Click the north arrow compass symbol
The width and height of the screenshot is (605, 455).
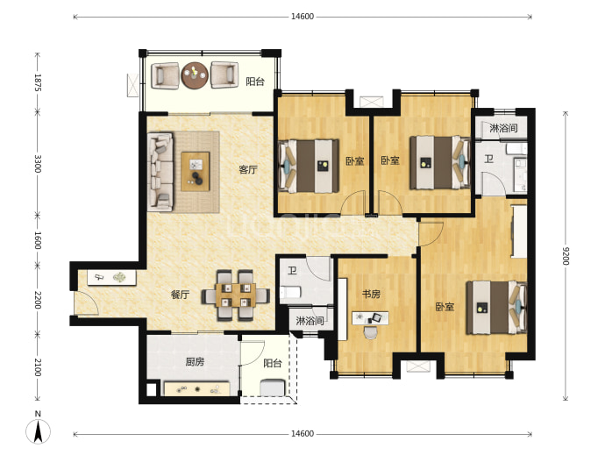point(38,430)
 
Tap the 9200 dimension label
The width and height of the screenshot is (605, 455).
point(566,255)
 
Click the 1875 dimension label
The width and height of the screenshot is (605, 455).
point(38,82)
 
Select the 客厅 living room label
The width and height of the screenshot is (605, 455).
point(248,169)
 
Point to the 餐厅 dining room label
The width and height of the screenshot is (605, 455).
point(181,295)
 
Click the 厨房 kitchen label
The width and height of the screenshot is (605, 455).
point(195,362)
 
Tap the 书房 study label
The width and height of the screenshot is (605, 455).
point(371,295)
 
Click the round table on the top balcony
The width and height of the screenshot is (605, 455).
point(195,75)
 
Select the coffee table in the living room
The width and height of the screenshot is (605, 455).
point(196,171)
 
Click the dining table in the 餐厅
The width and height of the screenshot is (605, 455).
point(236,295)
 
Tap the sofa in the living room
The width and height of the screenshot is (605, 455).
point(160,172)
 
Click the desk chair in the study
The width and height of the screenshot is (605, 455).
point(370,332)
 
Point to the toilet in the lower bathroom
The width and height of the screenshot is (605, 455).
point(290,292)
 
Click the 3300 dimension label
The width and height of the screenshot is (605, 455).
point(38,164)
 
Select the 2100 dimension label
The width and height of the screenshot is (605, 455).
point(38,367)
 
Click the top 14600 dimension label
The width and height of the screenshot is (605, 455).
point(302,17)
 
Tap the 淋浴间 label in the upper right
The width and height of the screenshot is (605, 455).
point(503,128)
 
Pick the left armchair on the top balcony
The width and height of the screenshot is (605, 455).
point(165,75)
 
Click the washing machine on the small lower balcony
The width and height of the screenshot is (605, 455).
point(273,387)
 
